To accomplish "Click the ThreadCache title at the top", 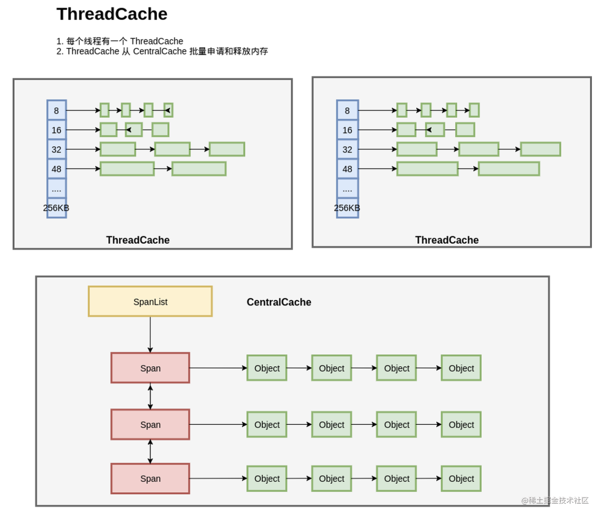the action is pyautogui.click(x=112, y=14).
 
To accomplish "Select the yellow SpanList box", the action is pyautogui.click(x=150, y=301).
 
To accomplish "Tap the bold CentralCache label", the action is pyautogui.click(x=279, y=302).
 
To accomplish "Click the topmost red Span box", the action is pyautogui.click(x=150, y=368).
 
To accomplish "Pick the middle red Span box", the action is pyautogui.click(x=150, y=424).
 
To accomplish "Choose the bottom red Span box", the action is pyautogui.click(x=150, y=479).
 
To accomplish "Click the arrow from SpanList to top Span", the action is pyautogui.click(x=150, y=335).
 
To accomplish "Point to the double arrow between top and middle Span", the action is pyautogui.click(x=150, y=396).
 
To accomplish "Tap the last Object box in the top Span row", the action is pyautogui.click(x=461, y=368).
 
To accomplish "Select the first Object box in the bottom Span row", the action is pyautogui.click(x=267, y=479).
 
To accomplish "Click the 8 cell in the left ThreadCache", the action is pyautogui.click(x=57, y=110).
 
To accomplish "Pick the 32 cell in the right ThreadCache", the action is pyautogui.click(x=347, y=149).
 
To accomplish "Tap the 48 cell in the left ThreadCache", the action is pyautogui.click(x=57, y=169).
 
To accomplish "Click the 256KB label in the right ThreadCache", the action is pyautogui.click(x=347, y=208).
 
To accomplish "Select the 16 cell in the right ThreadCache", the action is pyautogui.click(x=347, y=130).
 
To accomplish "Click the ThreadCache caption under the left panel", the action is pyautogui.click(x=138, y=240).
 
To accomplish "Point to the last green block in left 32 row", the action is pyautogui.click(x=227, y=149).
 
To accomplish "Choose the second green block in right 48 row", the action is pyautogui.click(x=509, y=169).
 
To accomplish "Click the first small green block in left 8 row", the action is pyautogui.click(x=105, y=110).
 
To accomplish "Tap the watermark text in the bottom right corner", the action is pyautogui.click(x=555, y=500).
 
